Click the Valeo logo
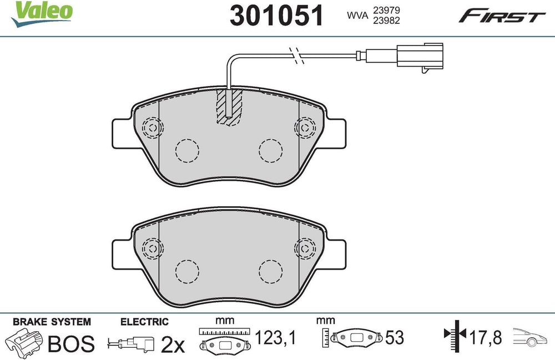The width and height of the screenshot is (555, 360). pyautogui.click(x=42, y=14)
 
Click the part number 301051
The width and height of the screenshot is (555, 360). pyautogui.click(x=276, y=16)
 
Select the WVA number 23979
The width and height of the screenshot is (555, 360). pyautogui.click(x=386, y=11)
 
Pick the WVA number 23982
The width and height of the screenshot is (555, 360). pyautogui.click(x=386, y=21)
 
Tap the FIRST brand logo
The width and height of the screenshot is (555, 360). pyautogui.click(x=502, y=16)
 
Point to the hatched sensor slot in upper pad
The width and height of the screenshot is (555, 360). pyautogui.click(x=229, y=107)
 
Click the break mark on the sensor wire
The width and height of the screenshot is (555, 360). pyautogui.click(x=296, y=55)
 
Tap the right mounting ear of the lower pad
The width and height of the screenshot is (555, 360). pyautogui.click(x=336, y=255)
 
